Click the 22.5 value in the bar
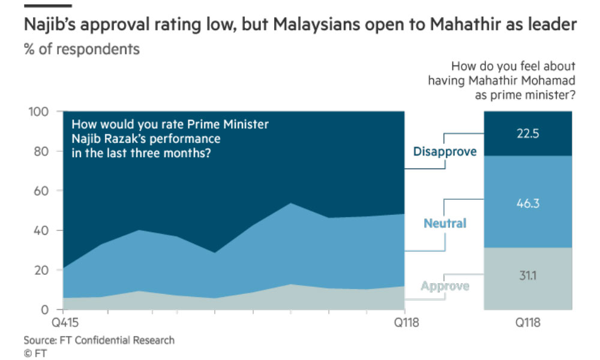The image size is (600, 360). click(x=527, y=134)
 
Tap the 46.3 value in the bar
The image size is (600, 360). click(x=527, y=203)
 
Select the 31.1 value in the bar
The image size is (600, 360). click(x=527, y=275)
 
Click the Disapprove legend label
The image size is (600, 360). click(x=445, y=151)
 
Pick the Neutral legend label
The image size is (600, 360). click(x=445, y=223)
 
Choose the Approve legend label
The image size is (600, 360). click(x=445, y=286)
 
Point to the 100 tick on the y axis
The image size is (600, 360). click(x=38, y=112)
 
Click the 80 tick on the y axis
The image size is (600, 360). click(x=41, y=151)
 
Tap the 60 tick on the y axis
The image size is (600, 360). click(x=41, y=191)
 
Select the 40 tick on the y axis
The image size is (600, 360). click(x=41, y=230)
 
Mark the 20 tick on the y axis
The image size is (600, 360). click(x=41, y=270)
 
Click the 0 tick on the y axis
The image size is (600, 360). click(x=45, y=310)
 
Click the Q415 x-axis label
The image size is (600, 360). click(x=65, y=323)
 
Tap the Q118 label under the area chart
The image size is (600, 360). click(x=406, y=323)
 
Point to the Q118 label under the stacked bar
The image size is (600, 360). click(x=528, y=323)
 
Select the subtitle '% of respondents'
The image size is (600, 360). click(x=82, y=49)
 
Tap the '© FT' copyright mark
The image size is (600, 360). click(x=35, y=353)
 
